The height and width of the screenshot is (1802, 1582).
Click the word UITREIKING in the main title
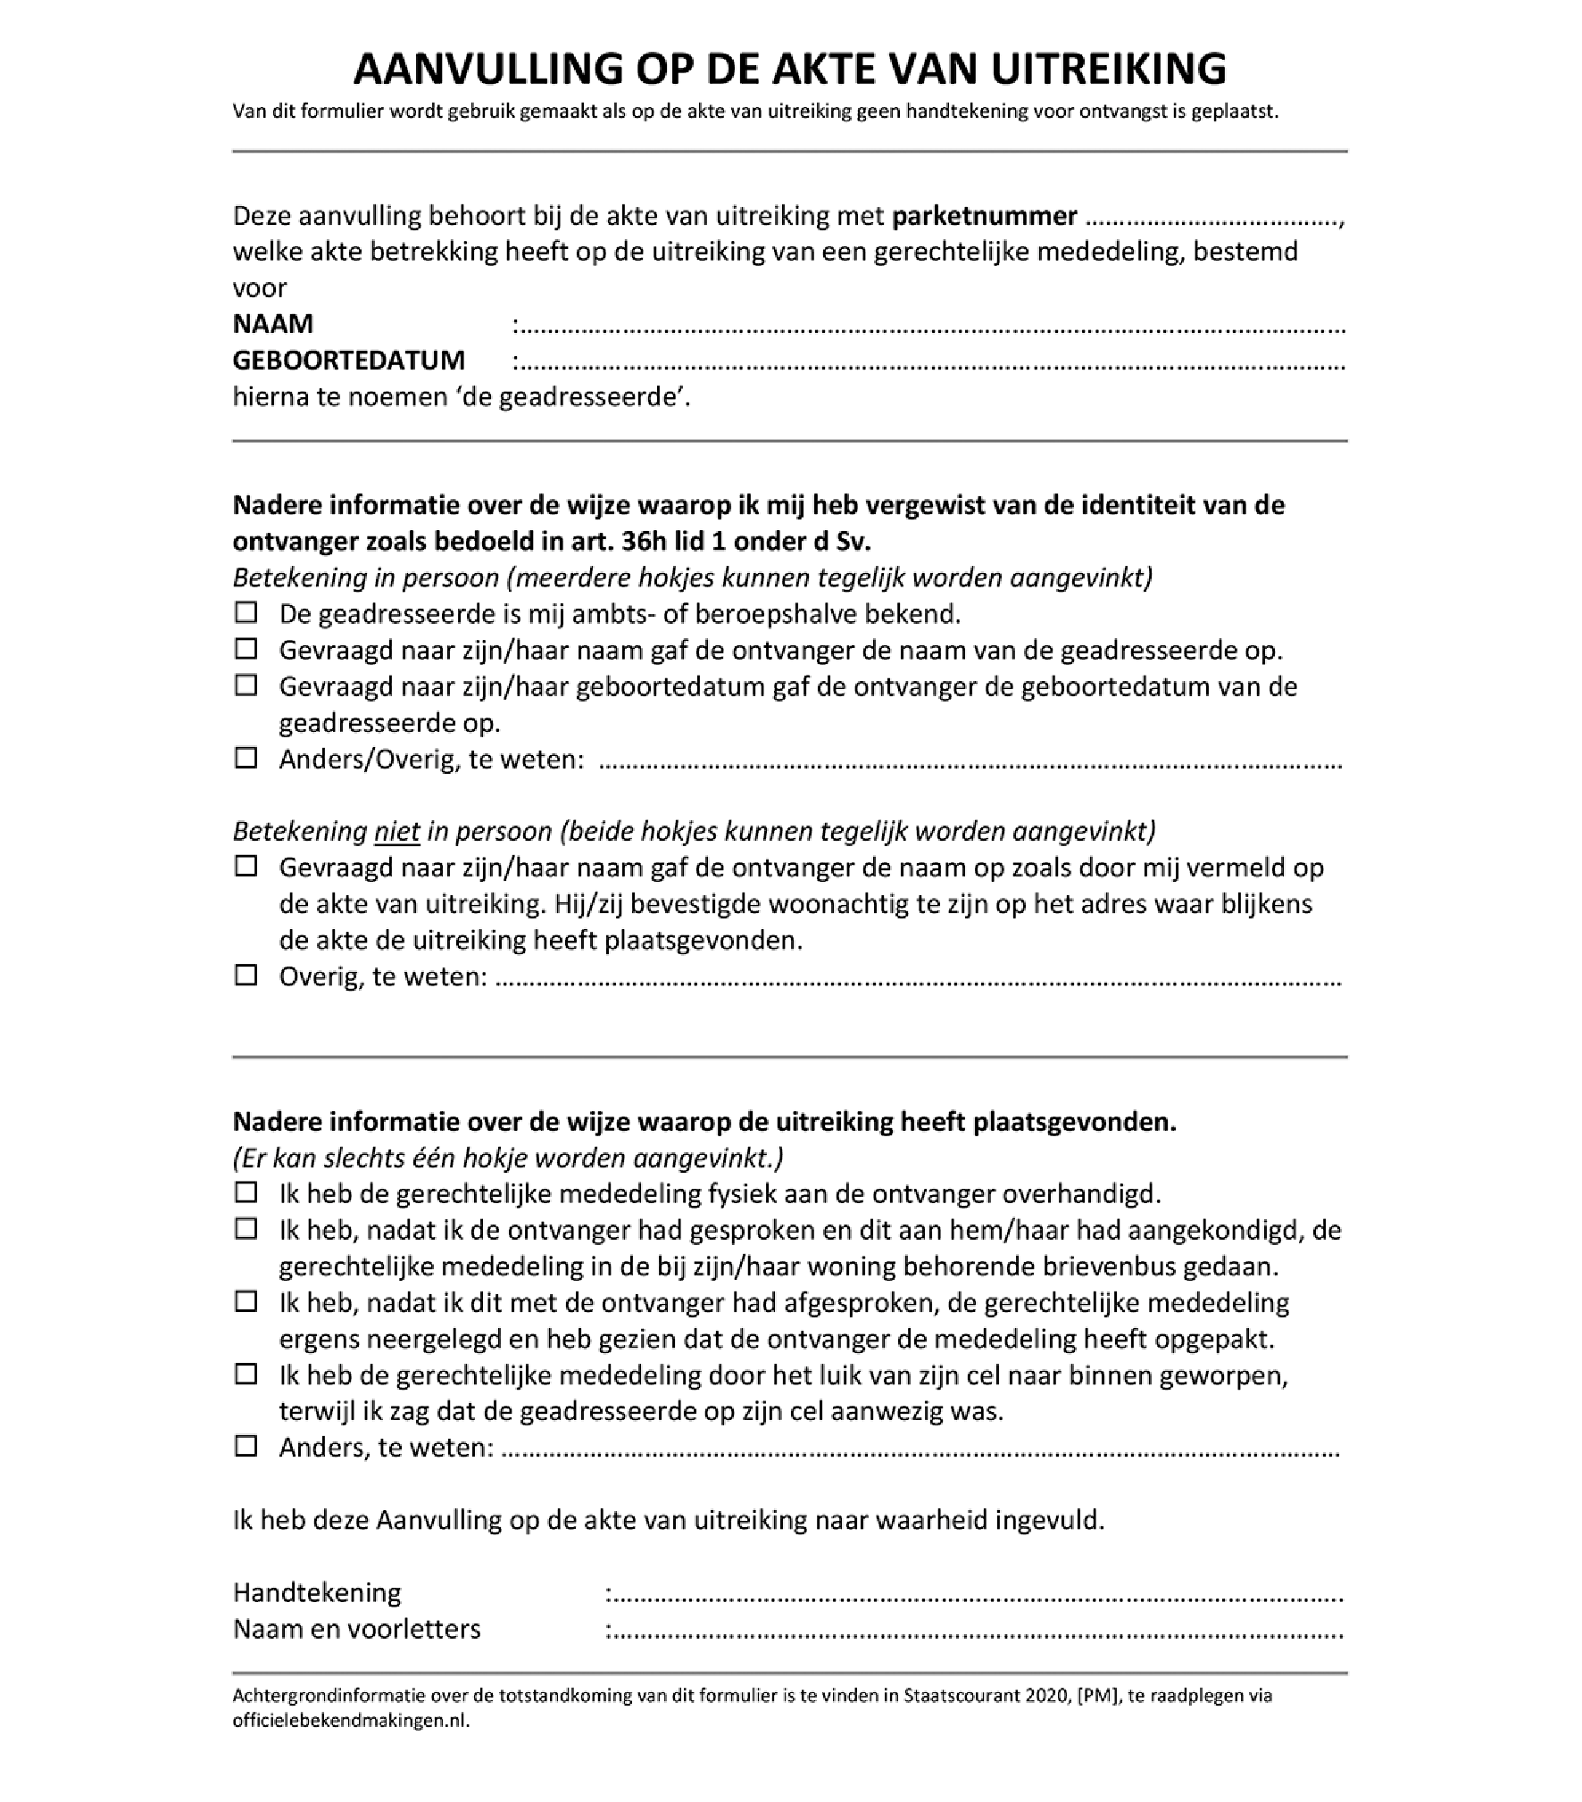point(1108,69)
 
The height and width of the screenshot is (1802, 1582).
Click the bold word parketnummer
point(985,216)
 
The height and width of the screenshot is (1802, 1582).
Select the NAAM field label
point(273,323)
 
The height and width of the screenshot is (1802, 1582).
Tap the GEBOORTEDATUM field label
point(349,360)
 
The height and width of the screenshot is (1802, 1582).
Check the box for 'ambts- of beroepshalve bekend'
point(246,613)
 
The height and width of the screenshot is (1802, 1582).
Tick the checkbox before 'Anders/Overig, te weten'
point(246,759)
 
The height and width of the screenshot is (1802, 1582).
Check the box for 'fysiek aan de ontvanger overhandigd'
point(246,1193)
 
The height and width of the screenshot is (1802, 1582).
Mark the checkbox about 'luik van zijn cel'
point(246,1374)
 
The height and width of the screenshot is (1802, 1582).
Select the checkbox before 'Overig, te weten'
point(246,976)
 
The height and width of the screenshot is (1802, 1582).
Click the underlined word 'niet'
point(397,831)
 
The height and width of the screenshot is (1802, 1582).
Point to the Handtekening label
point(317,1592)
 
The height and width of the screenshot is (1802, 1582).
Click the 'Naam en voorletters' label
point(356,1629)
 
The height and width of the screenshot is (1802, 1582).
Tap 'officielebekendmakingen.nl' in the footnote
point(350,1720)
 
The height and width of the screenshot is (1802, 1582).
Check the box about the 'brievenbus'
point(246,1230)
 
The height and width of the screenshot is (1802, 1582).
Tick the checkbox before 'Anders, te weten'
point(246,1447)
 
